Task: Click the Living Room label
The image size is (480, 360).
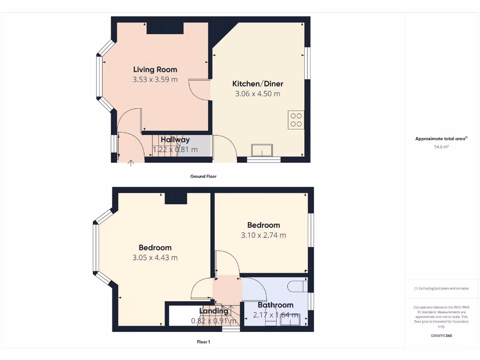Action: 155,69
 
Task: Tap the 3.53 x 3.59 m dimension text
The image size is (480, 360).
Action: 155,80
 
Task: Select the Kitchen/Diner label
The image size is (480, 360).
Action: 257,84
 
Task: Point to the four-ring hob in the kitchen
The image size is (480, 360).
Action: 296,120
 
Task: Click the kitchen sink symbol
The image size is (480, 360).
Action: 263,150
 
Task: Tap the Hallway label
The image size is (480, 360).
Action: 175,140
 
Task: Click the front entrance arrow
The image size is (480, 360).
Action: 131,163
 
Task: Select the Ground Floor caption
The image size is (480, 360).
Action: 203,177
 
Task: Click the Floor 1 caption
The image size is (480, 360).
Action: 203,342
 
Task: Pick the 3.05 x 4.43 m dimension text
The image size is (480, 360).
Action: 155,257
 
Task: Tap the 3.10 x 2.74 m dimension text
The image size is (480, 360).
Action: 263,235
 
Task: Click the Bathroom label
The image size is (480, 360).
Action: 275,305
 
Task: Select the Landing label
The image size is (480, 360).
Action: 214,311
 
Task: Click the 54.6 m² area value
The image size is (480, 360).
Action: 441,147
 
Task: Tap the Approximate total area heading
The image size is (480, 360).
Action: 441,139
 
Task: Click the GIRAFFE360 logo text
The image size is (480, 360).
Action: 441,336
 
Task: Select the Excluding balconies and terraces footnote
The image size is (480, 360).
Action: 441,289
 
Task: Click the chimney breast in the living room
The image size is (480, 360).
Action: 165,28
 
